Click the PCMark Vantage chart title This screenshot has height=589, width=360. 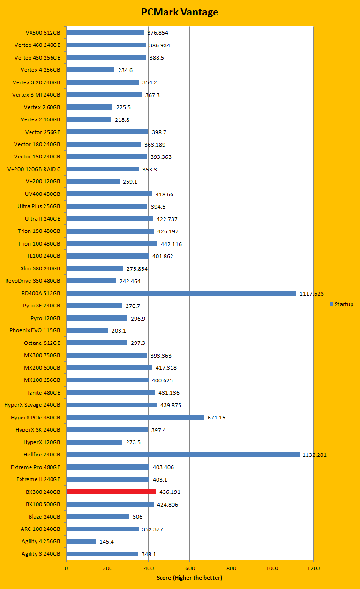click(x=180, y=12)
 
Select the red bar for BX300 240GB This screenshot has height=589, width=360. click(x=111, y=492)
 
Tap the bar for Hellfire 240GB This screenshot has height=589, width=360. click(x=183, y=455)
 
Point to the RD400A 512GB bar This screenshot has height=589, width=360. click(x=181, y=293)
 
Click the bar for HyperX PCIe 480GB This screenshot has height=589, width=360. click(x=135, y=418)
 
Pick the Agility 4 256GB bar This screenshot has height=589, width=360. click(x=81, y=542)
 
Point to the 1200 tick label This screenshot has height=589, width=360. click(x=313, y=568)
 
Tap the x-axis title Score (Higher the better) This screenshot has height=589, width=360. click(x=189, y=577)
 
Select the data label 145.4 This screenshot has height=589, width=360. click(x=107, y=542)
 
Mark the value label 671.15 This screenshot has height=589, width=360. click(x=216, y=418)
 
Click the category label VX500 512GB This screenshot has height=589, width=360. click(x=43, y=33)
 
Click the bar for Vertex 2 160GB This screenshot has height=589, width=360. click(x=89, y=119)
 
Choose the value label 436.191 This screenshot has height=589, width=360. click(x=170, y=492)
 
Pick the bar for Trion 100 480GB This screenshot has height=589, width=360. click(x=112, y=244)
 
